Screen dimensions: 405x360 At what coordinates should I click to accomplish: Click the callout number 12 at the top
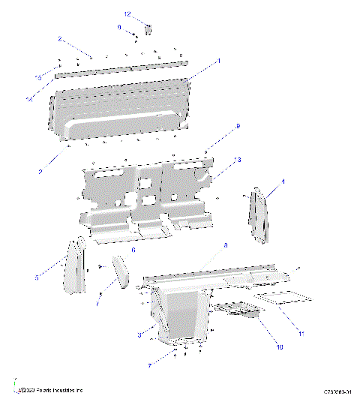(127, 14)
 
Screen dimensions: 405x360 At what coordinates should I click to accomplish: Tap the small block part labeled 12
(148, 29)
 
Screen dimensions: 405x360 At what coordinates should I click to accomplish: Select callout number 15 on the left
(38, 77)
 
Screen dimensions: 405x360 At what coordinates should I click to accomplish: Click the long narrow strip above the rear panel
(120, 69)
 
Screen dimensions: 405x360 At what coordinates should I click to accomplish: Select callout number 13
(237, 160)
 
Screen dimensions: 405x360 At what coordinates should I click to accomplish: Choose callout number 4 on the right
(283, 181)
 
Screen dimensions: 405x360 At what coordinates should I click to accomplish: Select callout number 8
(226, 245)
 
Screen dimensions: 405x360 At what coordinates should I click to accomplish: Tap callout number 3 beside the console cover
(139, 334)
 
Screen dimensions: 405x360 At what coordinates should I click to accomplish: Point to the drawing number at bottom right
(337, 391)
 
